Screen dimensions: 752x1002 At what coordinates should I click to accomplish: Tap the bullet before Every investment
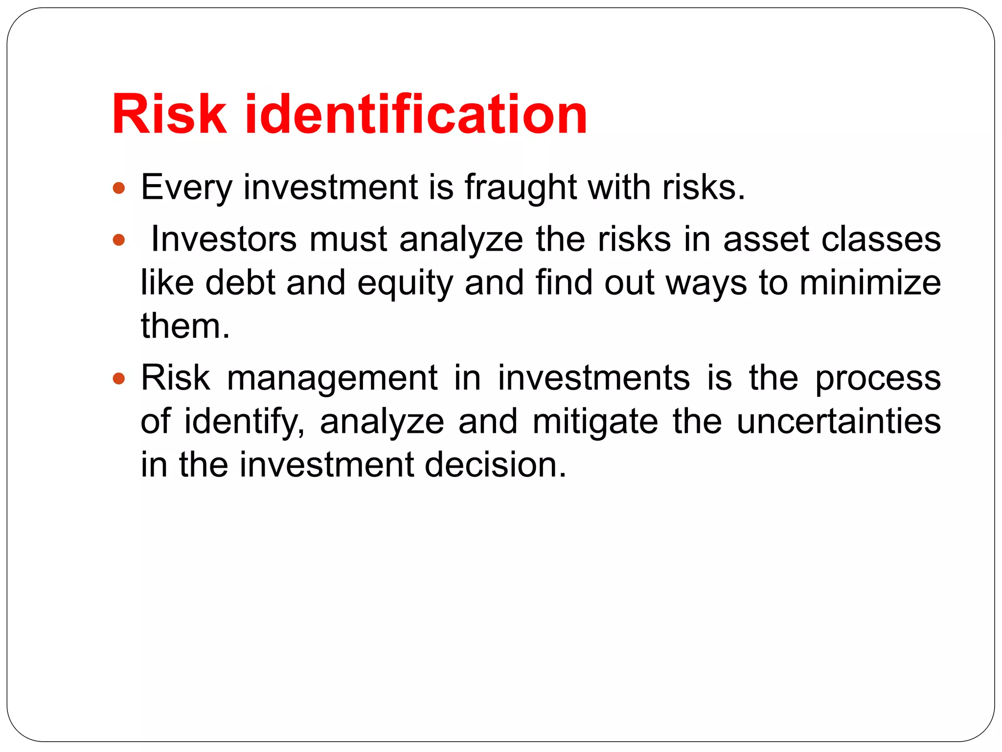click(119, 188)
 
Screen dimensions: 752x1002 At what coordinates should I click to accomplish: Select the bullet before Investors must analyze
click(119, 240)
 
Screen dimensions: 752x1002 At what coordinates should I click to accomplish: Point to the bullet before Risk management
click(119, 378)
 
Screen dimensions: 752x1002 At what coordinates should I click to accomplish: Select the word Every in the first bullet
click(186, 188)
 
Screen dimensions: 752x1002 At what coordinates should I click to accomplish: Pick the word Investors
click(224, 240)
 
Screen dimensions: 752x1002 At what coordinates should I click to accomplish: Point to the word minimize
click(870, 283)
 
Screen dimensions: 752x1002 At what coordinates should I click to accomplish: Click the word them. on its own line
click(185, 327)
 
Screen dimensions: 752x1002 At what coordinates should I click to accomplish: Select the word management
click(332, 378)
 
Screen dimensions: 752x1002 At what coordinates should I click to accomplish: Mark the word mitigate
click(595, 422)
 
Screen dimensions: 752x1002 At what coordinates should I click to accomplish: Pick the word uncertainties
click(839, 422)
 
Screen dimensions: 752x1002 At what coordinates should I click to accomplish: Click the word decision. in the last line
click(495, 465)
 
